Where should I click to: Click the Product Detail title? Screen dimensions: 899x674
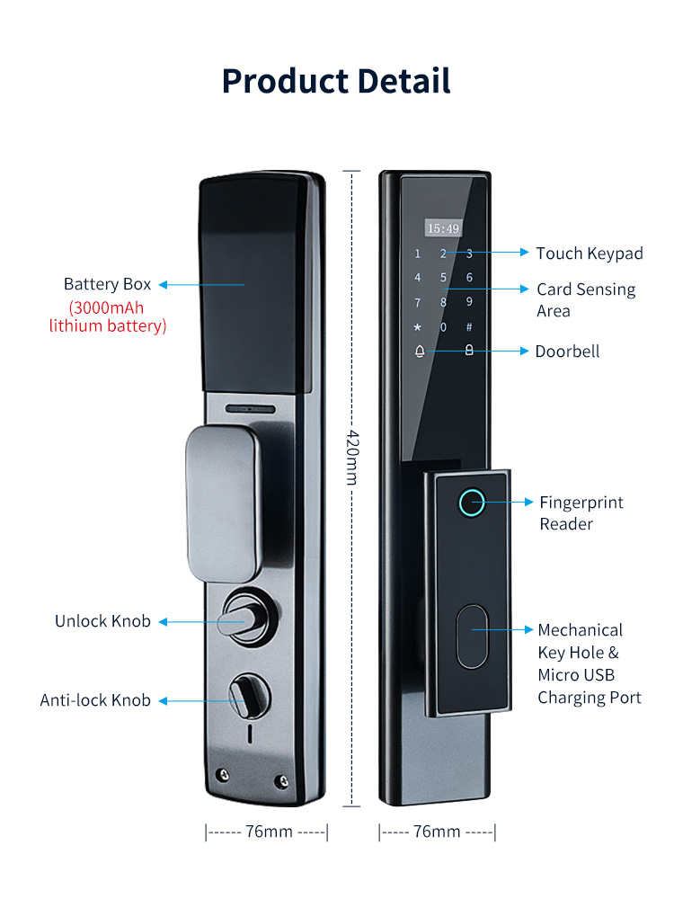(x=336, y=81)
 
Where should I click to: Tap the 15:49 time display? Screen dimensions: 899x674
(x=443, y=228)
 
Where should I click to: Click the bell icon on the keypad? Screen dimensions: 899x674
(x=419, y=351)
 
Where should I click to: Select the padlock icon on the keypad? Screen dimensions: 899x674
(x=469, y=351)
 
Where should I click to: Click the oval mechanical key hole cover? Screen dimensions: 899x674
(x=472, y=637)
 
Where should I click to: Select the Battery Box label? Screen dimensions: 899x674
(x=108, y=284)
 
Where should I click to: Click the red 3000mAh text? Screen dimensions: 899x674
(x=108, y=306)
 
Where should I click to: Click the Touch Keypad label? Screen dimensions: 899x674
(x=590, y=254)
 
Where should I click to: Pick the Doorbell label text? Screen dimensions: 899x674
(x=567, y=351)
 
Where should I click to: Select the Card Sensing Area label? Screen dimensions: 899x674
(x=586, y=300)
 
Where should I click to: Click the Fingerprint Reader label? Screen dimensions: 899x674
(x=581, y=512)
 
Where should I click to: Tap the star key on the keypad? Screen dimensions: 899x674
(x=418, y=326)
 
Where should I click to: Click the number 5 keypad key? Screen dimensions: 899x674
(x=443, y=278)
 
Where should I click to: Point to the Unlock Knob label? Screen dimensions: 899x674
(x=102, y=621)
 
